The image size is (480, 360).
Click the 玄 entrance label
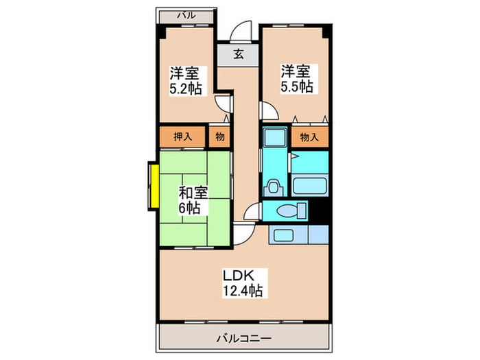(x=238, y=54)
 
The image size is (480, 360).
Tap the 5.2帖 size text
(x=186, y=88)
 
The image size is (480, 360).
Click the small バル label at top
(x=187, y=14)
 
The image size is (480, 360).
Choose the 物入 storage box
(x=309, y=136)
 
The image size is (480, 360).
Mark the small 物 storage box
(x=219, y=136)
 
